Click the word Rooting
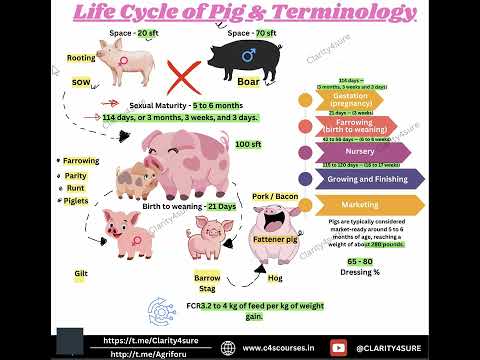tap(82, 59)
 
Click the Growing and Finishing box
tap(364, 179)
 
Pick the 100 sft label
tap(247, 144)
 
